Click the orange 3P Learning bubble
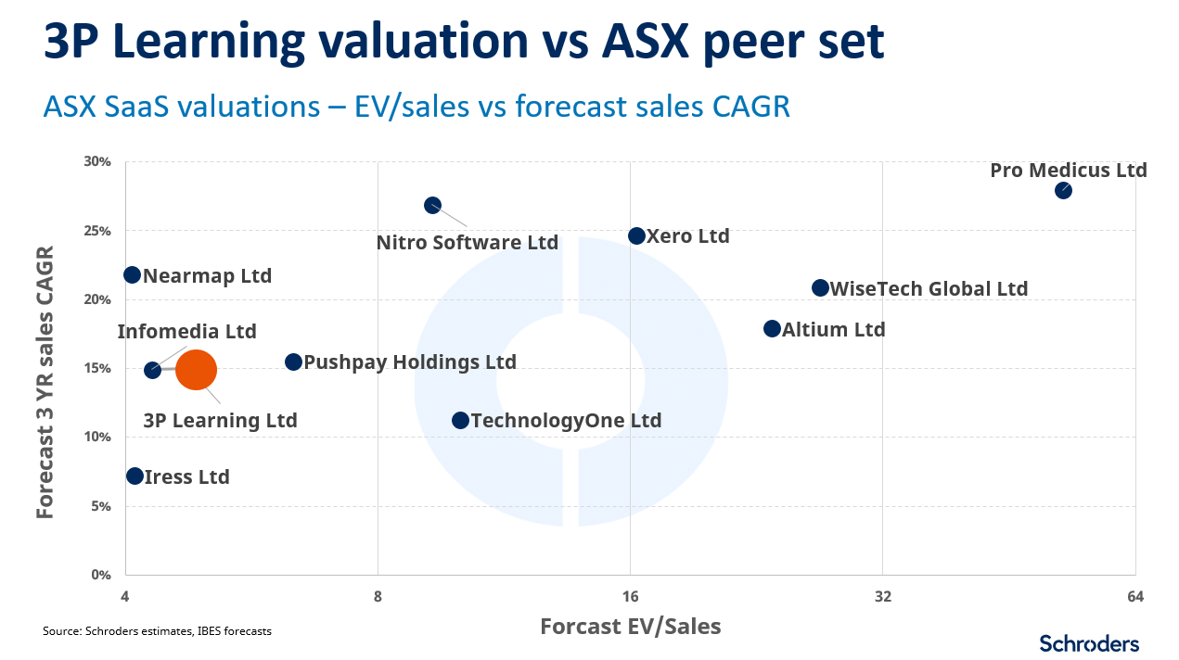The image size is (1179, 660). point(196,370)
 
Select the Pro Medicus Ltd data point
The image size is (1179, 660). point(1063,190)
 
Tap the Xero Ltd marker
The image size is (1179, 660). point(636,236)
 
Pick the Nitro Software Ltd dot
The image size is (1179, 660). point(432,205)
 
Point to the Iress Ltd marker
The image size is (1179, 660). point(135,476)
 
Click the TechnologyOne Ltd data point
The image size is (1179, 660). point(460,420)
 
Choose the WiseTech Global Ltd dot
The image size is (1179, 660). point(820,288)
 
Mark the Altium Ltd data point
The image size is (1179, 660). point(772,329)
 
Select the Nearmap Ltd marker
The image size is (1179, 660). point(132,274)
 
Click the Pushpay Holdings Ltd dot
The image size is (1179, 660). point(293,362)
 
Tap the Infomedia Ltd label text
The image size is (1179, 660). point(186,331)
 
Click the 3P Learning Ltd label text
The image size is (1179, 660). point(220,420)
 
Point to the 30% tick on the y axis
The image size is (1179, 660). point(98,161)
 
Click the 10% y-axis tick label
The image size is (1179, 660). point(98,437)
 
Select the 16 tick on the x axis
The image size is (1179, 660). point(630,595)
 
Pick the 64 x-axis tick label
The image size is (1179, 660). point(1134,595)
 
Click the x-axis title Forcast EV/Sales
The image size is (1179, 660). point(630,626)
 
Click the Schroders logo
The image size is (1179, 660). point(1088,642)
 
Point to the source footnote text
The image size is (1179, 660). point(157,631)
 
